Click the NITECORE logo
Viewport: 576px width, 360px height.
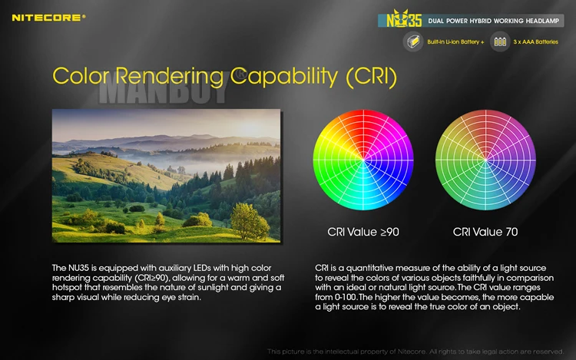tap(48, 18)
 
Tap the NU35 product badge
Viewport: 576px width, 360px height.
tap(404, 19)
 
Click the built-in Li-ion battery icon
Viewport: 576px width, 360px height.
tap(413, 41)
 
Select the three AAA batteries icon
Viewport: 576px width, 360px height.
tap(500, 41)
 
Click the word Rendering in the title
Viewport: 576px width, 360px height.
tap(170, 76)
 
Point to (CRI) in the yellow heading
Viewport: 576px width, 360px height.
tap(372, 77)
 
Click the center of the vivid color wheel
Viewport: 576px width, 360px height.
tap(363, 160)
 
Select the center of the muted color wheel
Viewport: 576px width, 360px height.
tap(485, 160)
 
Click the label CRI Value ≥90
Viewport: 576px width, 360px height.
tap(363, 232)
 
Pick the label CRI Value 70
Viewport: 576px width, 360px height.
tap(485, 232)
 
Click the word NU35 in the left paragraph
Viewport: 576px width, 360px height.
tap(78, 268)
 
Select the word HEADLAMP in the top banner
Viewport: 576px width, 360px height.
tap(542, 21)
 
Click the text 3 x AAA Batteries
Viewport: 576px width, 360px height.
tap(535, 42)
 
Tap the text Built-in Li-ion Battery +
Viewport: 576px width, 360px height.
tap(455, 42)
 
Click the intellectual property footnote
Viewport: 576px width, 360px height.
tap(415, 352)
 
